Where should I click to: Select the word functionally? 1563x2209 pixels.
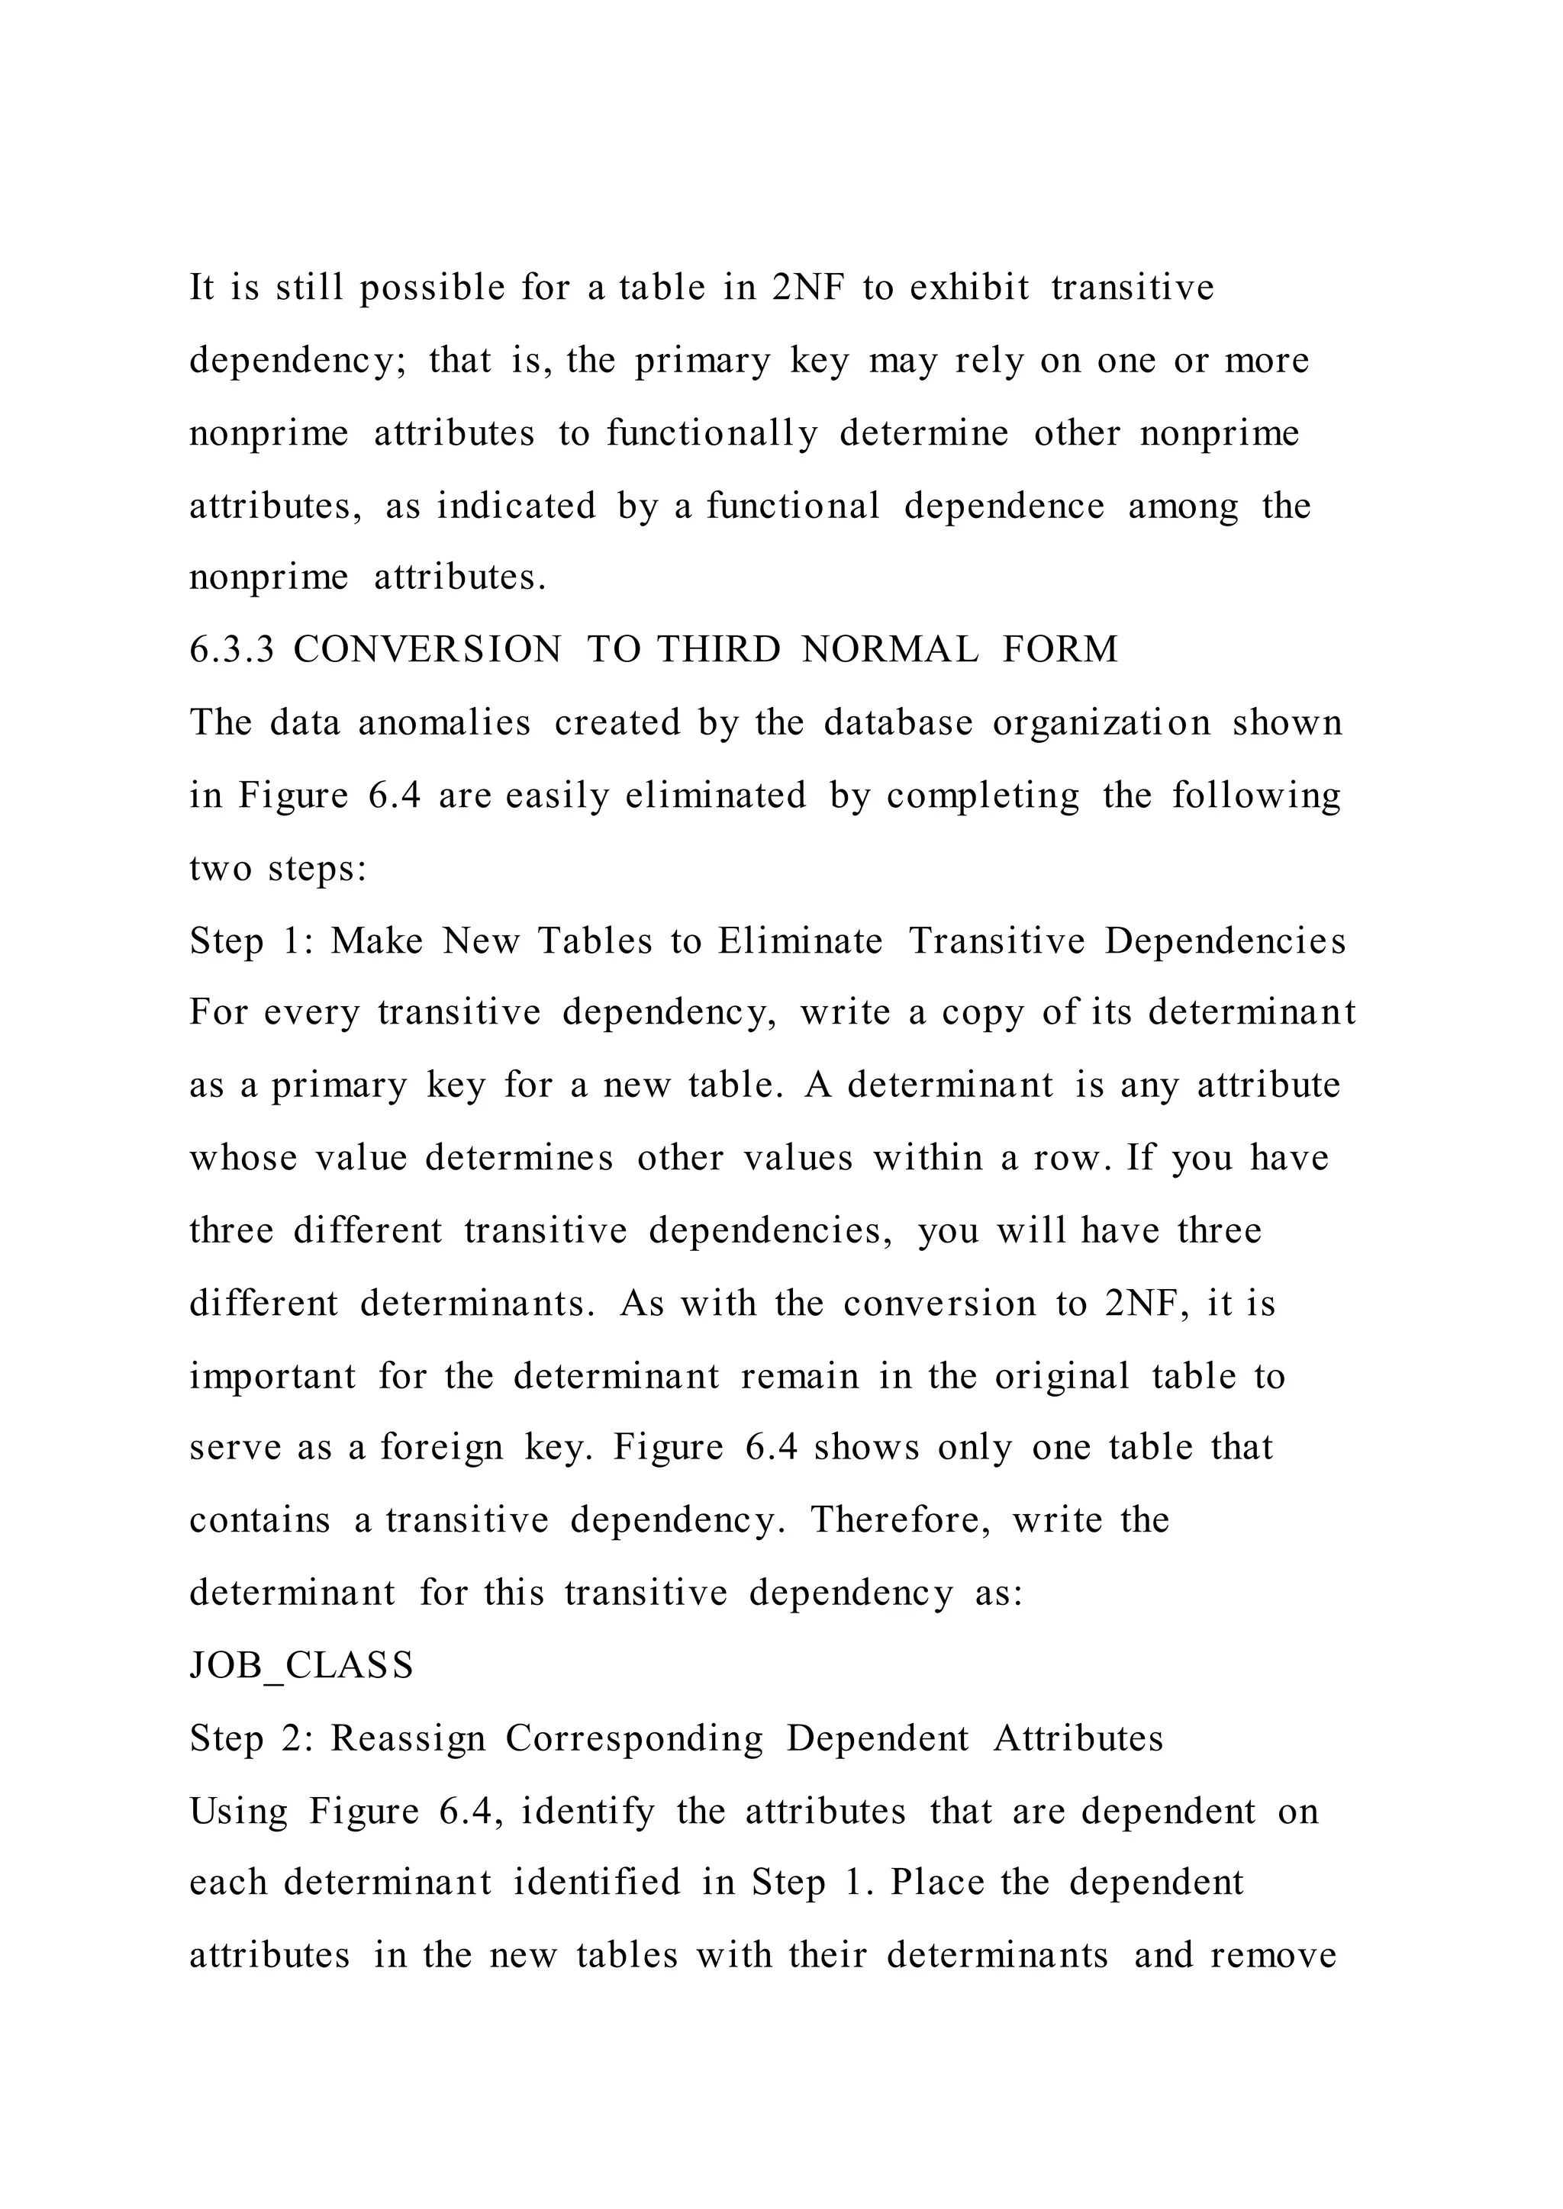(x=711, y=434)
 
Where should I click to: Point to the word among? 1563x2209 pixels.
(x=1183, y=507)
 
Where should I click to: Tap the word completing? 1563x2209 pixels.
(x=983, y=796)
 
